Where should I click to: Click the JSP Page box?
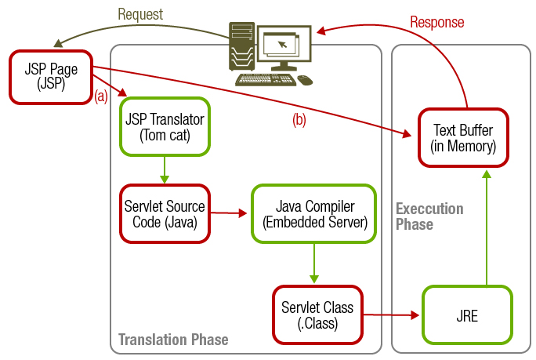[51, 77]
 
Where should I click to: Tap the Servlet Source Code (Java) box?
[165, 213]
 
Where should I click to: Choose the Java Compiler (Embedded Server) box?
[315, 213]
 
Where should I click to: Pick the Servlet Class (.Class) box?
[317, 313]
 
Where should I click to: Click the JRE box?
[468, 316]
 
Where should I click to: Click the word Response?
[436, 23]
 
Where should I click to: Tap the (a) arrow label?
[101, 97]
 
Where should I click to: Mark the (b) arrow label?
[299, 121]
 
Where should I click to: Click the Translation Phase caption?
[173, 340]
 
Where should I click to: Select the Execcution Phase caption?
[429, 216]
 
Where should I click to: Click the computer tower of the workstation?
[242, 47]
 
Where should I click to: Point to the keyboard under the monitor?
[266, 79]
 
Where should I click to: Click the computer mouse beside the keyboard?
[305, 79]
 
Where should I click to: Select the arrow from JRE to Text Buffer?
[487, 227]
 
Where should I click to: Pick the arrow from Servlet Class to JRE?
[392, 315]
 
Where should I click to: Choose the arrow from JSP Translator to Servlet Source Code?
[165, 169]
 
